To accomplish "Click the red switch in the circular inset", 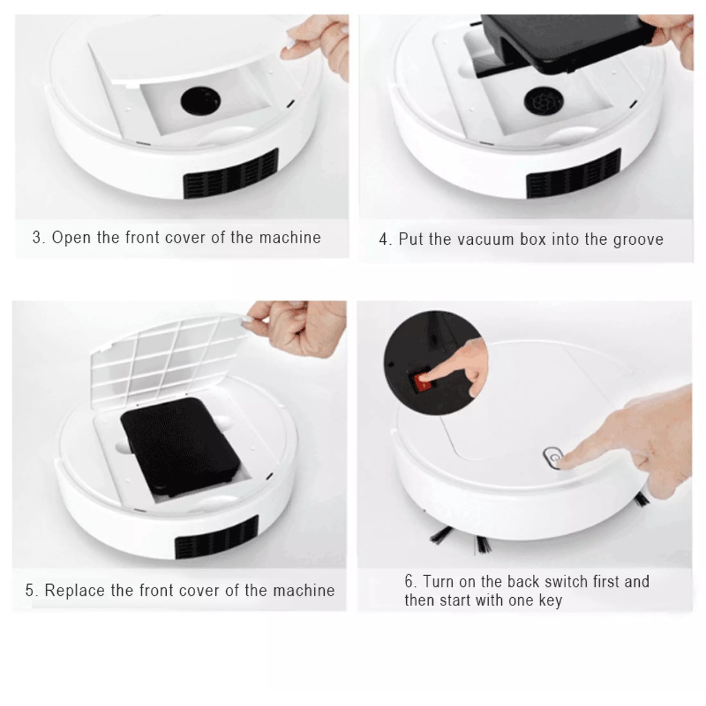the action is [422, 382].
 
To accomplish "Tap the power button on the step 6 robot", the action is [553, 458].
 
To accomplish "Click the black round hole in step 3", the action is [201, 101].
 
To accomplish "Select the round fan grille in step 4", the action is [543, 101].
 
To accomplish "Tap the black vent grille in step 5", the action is [216, 537].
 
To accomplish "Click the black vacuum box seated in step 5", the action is [180, 446].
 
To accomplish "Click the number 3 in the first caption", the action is [37, 238].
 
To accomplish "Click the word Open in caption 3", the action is [71, 238].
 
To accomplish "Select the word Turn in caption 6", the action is [438, 581].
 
